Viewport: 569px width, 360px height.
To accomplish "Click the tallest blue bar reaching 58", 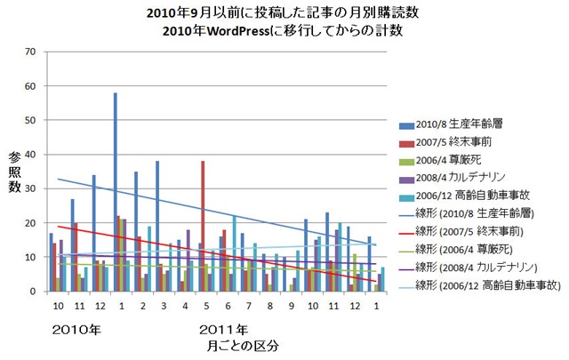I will [x=116, y=191].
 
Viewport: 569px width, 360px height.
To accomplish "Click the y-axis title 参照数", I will [x=14, y=172].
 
